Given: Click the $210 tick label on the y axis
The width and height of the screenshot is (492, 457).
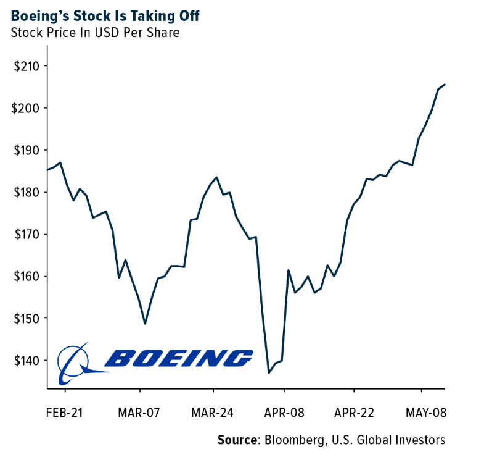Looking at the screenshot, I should click(x=27, y=66).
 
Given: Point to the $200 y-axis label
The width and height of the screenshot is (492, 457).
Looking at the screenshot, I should click(x=27, y=108).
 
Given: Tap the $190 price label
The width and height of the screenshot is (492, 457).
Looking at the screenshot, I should click(x=27, y=150).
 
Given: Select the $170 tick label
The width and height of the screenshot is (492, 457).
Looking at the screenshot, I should click(x=27, y=234).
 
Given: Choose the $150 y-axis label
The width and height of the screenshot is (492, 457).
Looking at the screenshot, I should click(x=27, y=318).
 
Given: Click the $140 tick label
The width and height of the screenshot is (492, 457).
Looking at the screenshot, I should click(x=27, y=360).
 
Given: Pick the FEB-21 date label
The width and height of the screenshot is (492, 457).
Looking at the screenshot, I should click(x=65, y=412).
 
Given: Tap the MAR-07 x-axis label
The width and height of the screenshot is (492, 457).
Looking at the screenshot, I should click(x=140, y=412).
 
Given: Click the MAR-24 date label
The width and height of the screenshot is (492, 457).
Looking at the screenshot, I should click(x=213, y=412).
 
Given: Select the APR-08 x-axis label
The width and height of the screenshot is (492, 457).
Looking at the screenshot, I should click(x=284, y=412).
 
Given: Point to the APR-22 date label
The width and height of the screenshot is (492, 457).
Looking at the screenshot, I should click(x=354, y=412).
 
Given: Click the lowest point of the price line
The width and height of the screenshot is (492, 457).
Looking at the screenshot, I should click(x=269, y=372).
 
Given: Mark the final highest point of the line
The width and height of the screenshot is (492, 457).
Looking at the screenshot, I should click(x=445, y=85).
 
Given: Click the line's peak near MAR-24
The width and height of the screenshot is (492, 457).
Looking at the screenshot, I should click(x=216, y=177).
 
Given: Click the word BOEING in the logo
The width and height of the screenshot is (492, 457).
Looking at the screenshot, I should click(x=179, y=358).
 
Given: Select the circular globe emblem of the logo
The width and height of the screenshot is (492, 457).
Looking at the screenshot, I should click(x=74, y=361).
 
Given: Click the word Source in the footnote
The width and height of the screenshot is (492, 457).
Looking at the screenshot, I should click(x=237, y=440).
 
